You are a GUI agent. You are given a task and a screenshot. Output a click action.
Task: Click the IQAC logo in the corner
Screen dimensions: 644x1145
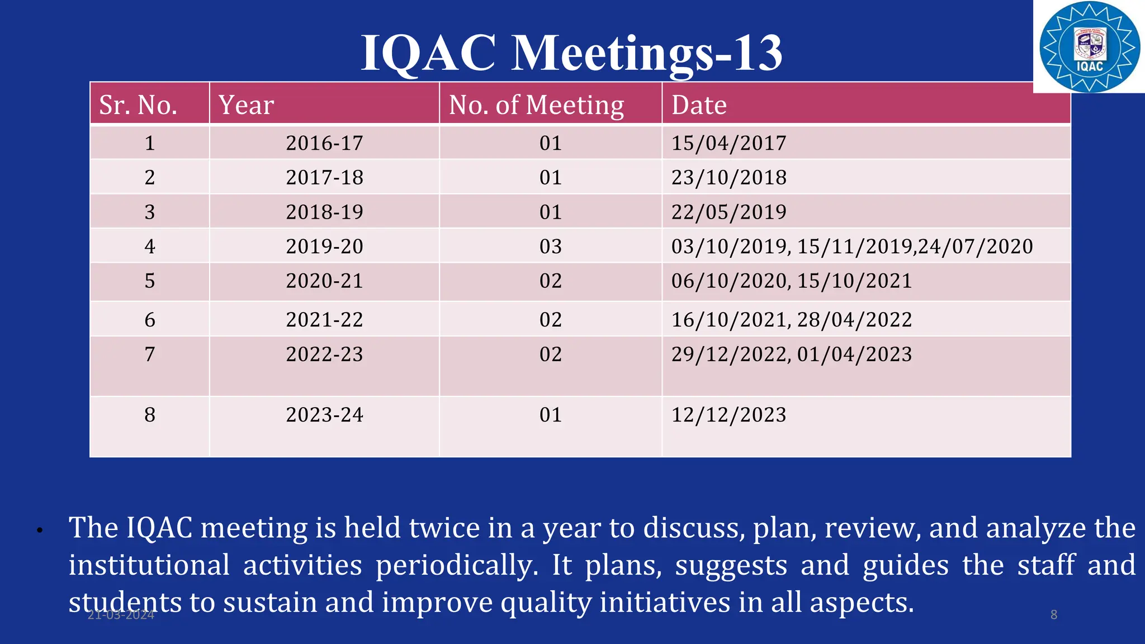coord(1089,47)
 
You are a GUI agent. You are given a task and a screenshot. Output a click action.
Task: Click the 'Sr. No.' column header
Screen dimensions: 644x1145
coord(138,105)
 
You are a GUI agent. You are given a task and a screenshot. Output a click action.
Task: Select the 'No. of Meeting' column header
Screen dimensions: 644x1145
coord(536,105)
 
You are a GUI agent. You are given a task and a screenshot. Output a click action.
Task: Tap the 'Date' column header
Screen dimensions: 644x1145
coord(699,105)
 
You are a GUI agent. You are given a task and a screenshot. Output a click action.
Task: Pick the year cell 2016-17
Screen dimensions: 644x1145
coord(324,143)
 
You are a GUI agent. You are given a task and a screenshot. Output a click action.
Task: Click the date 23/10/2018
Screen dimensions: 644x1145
coord(728,178)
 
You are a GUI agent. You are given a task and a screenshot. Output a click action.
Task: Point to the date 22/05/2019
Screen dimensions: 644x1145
coord(728,212)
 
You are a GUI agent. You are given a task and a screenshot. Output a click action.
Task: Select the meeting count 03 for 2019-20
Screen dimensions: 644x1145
coord(550,247)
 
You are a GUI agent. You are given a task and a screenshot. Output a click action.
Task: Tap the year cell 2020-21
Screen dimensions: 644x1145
coord(324,281)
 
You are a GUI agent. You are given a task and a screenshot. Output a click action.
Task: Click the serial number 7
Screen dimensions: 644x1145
coord(149,354)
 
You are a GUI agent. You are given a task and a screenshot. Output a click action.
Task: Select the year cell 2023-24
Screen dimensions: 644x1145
coord(324,415)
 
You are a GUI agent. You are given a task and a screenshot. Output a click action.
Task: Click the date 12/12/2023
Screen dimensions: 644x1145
coord(728,415)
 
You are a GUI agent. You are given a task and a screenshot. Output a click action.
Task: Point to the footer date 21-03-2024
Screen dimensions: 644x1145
coord(121,615)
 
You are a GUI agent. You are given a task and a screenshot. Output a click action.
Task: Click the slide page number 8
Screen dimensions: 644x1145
coord(1053,615)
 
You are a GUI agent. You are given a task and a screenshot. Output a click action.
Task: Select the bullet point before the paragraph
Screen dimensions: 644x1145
coord(40,531)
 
